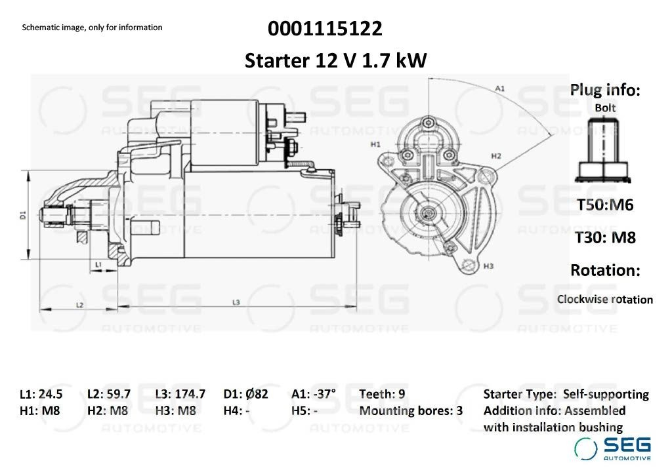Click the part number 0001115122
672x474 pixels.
(325, 29)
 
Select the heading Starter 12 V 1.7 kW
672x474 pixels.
(335, 60)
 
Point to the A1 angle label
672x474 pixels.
(499, 89)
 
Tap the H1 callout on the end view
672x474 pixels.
(375, 145)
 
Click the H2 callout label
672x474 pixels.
(496, 156)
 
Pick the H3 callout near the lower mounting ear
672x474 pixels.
(488, 266)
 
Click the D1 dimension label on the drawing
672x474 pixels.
(23, 215)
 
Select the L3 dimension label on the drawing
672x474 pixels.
(236, 302)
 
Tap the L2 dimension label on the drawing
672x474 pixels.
(79, 305)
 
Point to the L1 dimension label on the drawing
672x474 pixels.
(98, 265)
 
